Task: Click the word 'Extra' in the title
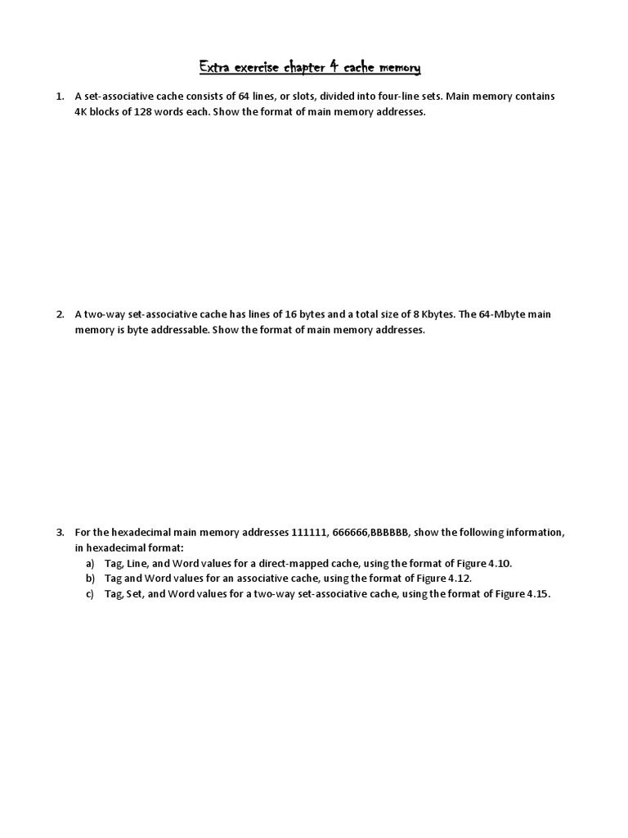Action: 215,65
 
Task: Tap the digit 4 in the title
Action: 333,65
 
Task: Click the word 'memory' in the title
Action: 399,65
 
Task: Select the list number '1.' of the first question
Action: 61,97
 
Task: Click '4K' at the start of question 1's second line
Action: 82,112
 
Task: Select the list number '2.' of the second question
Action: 61,314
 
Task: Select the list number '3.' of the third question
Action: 61,532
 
